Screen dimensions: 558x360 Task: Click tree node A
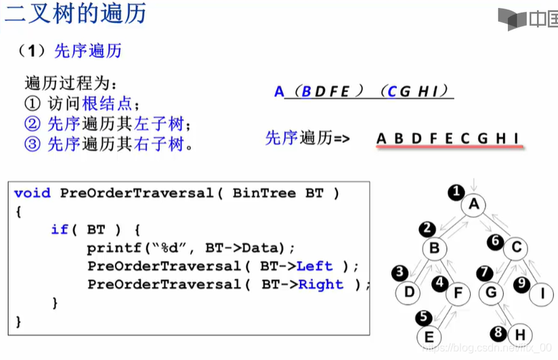(474, 204)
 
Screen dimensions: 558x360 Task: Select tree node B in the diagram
(434, 248)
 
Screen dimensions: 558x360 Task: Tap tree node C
(516, 248)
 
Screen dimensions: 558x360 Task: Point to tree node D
(409, 293)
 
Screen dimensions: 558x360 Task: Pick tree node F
(458, 293)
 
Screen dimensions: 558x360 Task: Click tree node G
(492, 293)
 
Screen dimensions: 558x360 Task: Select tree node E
(428, 336)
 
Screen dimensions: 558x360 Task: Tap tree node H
(519, 334)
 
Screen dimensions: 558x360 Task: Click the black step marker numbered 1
(457, 192)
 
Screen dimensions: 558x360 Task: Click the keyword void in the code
(32, 193)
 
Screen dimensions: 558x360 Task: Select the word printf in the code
(109, 248)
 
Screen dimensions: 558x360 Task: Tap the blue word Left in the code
(315, 266)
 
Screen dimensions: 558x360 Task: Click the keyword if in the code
(60, 229)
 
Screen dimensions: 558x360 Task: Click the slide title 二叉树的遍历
(75, 14)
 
